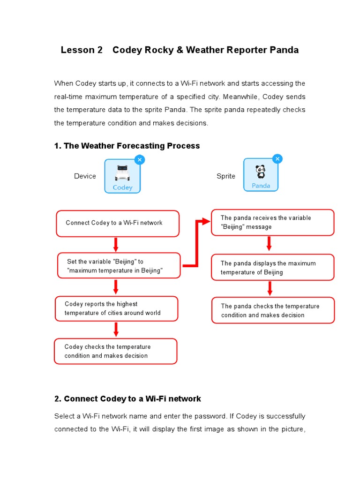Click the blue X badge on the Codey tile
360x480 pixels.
coord(139,160)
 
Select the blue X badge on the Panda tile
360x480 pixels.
coord(277,159)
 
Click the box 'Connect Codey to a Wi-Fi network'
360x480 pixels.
coord(117,223)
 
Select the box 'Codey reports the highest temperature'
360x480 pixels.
coord(116,308)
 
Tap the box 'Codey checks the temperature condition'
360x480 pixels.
coord(116,351)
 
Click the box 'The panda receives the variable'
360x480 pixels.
coord(272,222)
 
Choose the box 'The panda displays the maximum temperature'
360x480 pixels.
coord(272,268)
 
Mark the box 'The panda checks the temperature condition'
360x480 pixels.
coord(273,310)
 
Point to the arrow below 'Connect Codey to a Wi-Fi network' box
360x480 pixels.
coord(116,244)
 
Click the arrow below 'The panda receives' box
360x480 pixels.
coord(269,244)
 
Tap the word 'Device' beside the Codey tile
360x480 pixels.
coord(85,176)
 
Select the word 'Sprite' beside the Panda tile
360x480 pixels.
coord(225,176)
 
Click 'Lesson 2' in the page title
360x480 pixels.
coord(82,50)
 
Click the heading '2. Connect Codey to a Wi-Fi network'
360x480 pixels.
coord(127,399)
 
